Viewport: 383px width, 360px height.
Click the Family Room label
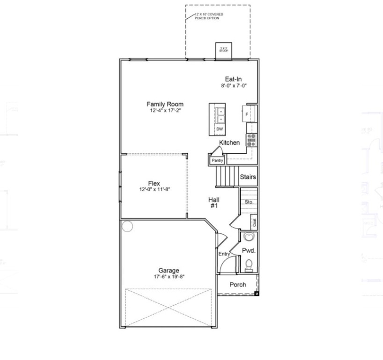click(165, 104)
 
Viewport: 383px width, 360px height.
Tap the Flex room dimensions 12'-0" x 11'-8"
click(154, 190)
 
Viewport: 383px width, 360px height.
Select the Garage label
click(169, 270)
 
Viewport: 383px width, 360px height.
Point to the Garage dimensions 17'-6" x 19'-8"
click(169, 277)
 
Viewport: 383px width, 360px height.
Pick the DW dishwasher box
click(220, 128)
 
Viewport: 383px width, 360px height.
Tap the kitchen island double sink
click(220, 115)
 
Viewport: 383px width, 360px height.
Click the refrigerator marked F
click(247, 114)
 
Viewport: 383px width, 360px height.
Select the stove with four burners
click(251, 139)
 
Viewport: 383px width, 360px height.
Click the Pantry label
click(217, 160)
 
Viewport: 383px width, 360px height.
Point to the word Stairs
click(248, 177)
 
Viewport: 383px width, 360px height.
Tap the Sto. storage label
click(249, 202)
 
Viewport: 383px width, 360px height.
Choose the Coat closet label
click(254, 222)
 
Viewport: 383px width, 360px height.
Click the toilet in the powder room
click(249, 266)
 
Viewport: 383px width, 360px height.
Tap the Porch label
click(237, 285)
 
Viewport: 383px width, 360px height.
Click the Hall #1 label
click(214, 202)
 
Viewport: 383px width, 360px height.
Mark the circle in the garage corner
click(127, 227)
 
